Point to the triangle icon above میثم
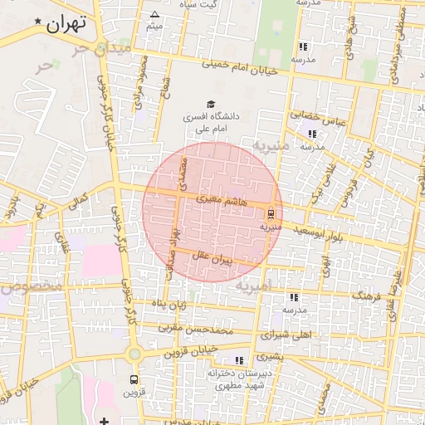[x=154, y=14]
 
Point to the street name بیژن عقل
[x=211, y=259]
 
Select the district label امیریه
[x=253, y=286]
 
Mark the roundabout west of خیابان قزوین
[x=134, y=354]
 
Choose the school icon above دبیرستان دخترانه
[x=239, y=360]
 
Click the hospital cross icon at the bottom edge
[x=104, y=421]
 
